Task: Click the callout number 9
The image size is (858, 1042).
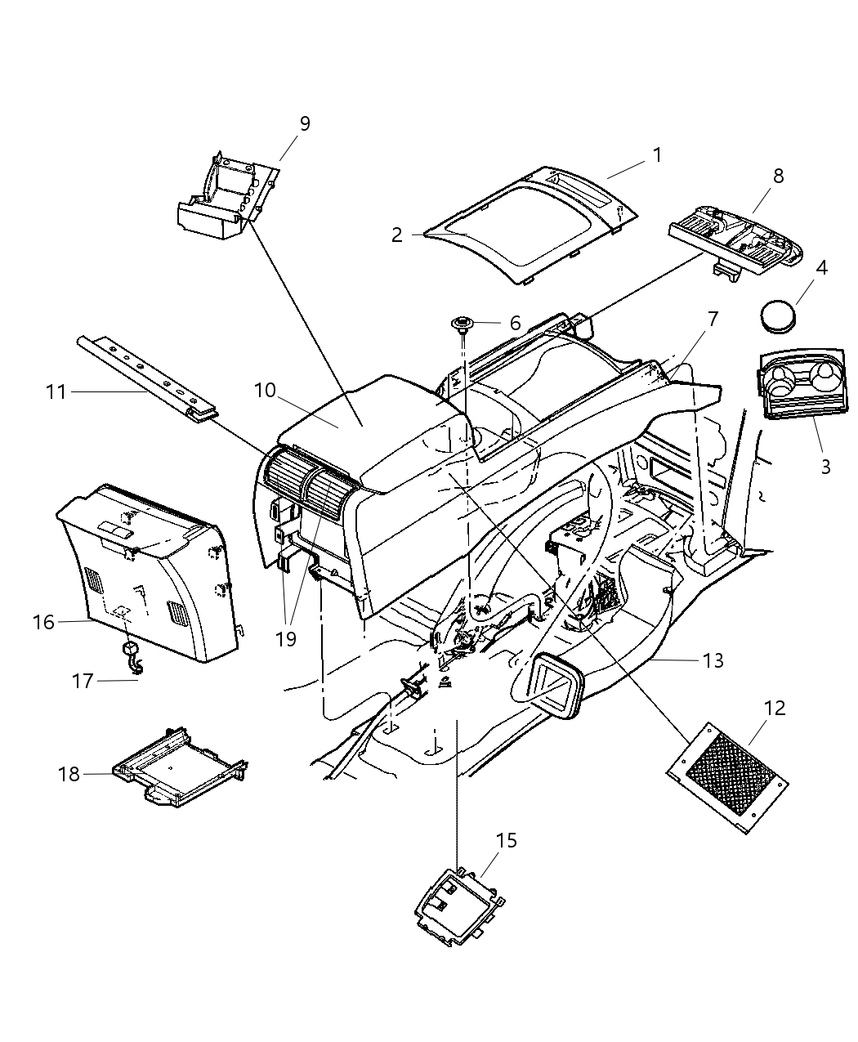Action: (x=304, y=123)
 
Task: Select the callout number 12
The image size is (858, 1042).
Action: (x=774, y=708)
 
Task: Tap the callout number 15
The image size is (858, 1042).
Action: (x=507, y=840)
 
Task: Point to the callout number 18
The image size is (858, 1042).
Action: (x=69, y=773)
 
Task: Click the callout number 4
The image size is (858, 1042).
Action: (x=821, y=267)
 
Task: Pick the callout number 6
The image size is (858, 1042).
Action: (x=515, y=324)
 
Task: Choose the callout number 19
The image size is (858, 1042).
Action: (x=285, y=639)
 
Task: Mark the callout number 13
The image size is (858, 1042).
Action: (x=713, y=660)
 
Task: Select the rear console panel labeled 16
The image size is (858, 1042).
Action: (x=143, y=572)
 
